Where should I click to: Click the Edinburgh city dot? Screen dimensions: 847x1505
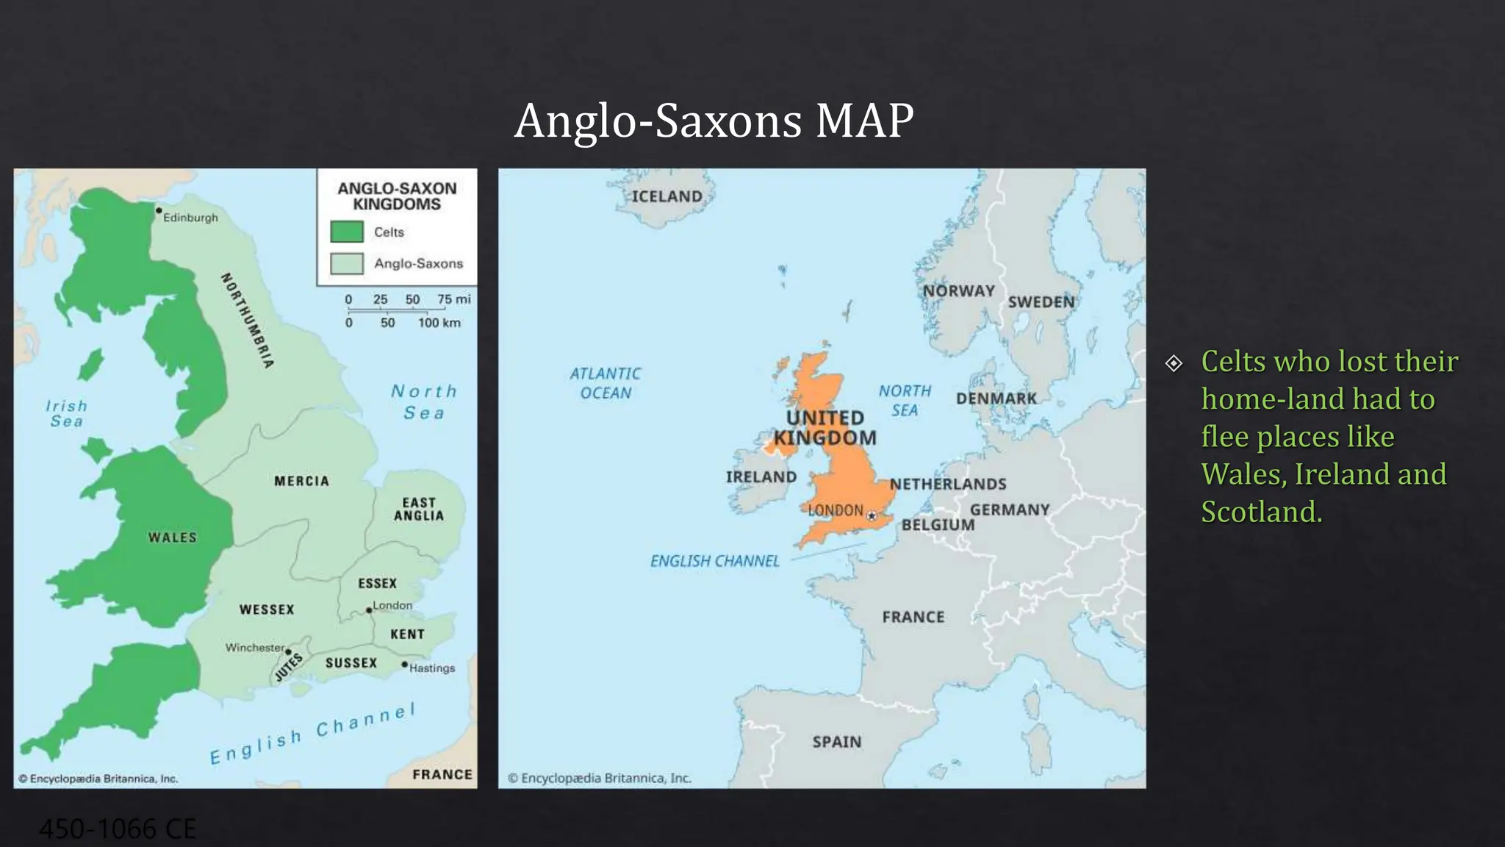pyautogui.click(x=158, y=210)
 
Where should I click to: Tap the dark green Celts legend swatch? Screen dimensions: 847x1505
pyautogui.click(x=347, y=232)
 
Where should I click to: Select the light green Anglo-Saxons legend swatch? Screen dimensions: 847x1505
pyautogui.click(x=347, y=263)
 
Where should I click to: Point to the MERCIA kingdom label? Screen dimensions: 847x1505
pyautogui.click(x=301, y=481)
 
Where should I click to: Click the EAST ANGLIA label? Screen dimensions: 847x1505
pyautogui.click(x=419, y=509)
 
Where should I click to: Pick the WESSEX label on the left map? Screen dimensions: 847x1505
pyautogui.click(x=267, y=610)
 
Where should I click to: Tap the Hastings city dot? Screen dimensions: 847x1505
pyautogui.click(x=404, y=665)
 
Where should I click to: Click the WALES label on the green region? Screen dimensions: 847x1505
pyautogui.click(x=173, y=537)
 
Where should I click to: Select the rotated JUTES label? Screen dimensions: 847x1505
pyautogui.click(x=289, y=667)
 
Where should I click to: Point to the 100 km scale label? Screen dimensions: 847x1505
pyautogui.click(x=439, y=323)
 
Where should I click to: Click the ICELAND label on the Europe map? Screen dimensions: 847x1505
pyautogui.click(x=667, y=196)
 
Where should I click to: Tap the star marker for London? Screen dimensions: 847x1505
pyautogui.click(x=872, y=515)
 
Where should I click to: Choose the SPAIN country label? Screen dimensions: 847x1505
pyautogui.click(x=837, y=742)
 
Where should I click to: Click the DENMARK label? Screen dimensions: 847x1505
pyautogui.click(x=996, y=399)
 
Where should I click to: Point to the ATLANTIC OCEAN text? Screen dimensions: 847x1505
pyautogui.click(x=606, y=383)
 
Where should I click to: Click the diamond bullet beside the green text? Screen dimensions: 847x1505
pyautogui.click(x=1174, y=363)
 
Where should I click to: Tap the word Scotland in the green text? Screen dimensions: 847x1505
pyautogui.click(x=1261, y=512)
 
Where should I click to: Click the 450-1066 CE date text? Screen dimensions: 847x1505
pyautogui.click(x=118, y=829)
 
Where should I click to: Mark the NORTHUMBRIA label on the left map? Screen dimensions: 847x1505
pyautogui.click(x=248, y=320)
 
